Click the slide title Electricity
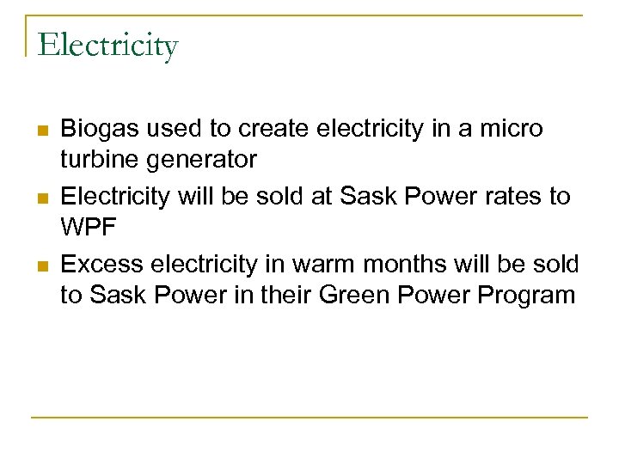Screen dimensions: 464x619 107,45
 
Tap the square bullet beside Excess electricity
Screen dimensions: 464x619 42,265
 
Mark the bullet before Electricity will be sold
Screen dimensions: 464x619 42,198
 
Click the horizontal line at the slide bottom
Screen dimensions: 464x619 309,418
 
